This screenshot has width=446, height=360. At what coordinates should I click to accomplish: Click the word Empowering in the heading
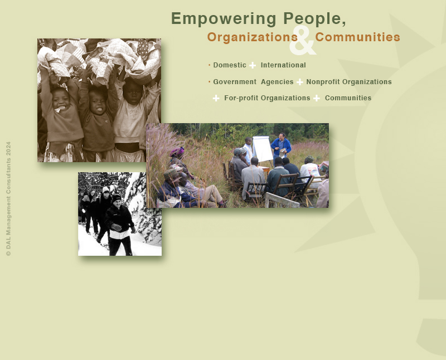point(224,19)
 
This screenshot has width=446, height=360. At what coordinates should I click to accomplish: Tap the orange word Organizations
point(253,37)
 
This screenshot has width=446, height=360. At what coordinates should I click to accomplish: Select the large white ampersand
point(303,40)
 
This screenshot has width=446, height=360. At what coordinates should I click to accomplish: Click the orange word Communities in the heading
point(357,37)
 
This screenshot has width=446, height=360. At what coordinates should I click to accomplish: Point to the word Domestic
point(230,65)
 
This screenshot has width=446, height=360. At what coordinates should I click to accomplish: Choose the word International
point(283,65)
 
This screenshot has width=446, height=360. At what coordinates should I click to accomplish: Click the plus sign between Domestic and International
point(253,65)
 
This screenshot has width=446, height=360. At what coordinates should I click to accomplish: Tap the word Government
point(235,82)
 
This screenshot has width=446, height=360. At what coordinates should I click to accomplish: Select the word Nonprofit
point(323,82)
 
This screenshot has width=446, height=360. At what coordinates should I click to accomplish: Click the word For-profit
point(241,98)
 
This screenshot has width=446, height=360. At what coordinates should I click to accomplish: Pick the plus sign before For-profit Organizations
point(216,98)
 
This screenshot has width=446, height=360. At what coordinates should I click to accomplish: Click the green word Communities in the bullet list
point(348,98)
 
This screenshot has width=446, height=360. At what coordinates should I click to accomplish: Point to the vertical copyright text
point(8,199)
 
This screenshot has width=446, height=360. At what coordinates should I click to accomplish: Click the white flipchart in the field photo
point(263,149)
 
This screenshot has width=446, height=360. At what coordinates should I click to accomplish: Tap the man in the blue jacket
point(281,147)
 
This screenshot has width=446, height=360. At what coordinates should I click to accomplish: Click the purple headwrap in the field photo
point(177,152)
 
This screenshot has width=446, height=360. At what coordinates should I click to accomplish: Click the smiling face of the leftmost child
point(61,100)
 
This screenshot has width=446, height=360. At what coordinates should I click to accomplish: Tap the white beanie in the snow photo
point(106,189)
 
